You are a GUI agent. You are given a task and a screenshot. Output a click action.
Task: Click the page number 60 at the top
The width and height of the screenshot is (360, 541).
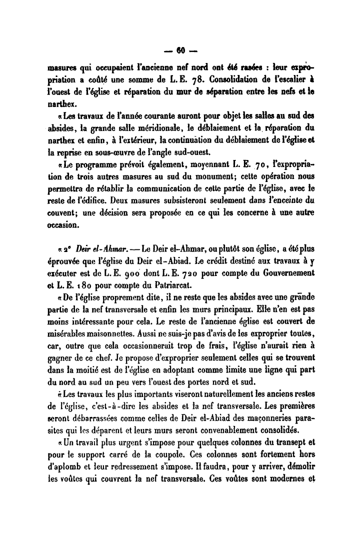point(180,50)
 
